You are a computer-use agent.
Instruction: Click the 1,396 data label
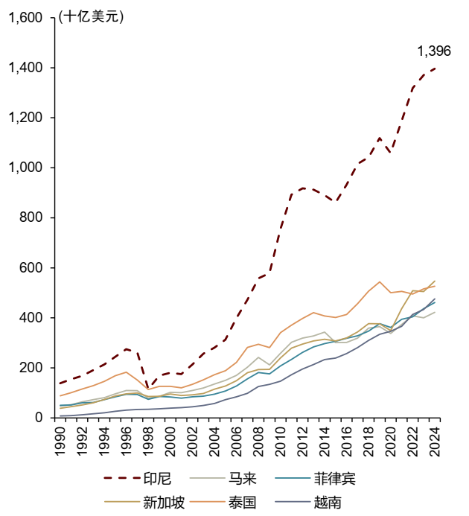[x=434, y=51]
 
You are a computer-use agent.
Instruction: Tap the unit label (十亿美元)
[x=92, y=17]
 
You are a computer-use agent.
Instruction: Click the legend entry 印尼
[x=156, y=477]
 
